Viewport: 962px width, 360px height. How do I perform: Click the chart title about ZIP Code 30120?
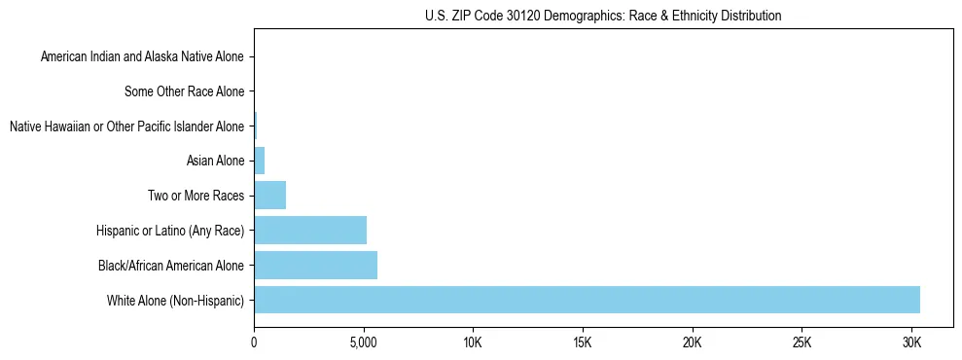(603, 16)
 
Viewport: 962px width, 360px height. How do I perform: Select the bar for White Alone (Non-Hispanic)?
(587, 300)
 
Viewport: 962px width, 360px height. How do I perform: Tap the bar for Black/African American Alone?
(315, 265)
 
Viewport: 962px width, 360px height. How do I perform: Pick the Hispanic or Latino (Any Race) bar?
(310, 230)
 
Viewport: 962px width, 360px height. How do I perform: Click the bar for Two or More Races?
(269, 196)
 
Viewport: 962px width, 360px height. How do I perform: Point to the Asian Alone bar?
(259, 161)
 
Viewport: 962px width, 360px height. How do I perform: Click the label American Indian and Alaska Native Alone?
(142, 56)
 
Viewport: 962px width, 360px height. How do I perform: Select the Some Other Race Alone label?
(184, 91)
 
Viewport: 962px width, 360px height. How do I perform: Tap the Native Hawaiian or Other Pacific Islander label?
(126, 126)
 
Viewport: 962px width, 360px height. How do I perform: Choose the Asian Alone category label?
(215, 161)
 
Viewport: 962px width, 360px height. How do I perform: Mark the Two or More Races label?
(201, 196)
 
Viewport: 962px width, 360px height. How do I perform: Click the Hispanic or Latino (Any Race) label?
(170, 231)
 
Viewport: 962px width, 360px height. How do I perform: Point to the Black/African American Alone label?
(171, 265)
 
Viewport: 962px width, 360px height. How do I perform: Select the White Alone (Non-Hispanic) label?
(176, 300)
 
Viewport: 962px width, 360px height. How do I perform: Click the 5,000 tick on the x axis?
(363, 343)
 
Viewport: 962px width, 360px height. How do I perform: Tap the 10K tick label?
(473, 343)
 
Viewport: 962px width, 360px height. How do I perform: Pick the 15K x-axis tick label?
(583, 343)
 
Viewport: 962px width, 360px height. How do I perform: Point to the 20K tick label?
(693, 343)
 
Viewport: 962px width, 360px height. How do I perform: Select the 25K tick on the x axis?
(802, 343)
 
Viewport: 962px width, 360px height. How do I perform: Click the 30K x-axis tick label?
(911, 343)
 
